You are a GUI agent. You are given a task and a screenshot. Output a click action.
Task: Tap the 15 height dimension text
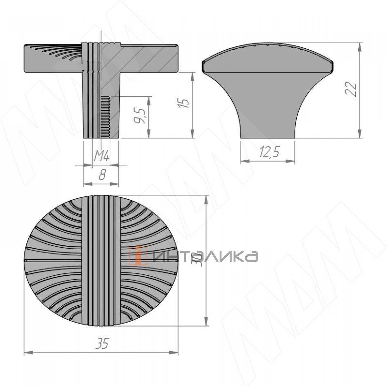pyautogui.click(x=184, y=103)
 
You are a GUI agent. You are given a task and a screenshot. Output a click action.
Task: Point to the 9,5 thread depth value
pyautogui.click(x=140, y=116)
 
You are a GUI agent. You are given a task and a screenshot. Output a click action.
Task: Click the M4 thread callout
pyautogui.click(x=102, y=156)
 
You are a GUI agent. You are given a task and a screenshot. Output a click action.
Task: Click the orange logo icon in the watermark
pyautogui.click(x=138, y=255)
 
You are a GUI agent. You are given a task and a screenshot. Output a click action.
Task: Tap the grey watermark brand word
pyautogui.click(x=205, y=257)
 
